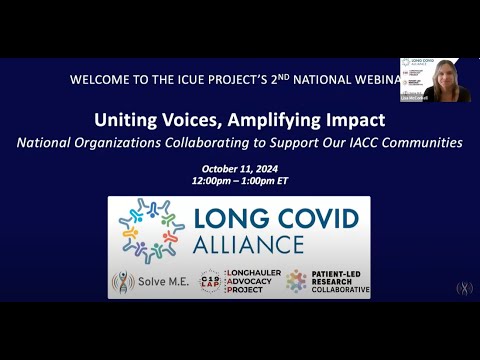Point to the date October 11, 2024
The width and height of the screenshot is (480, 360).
click(x=239, y=168)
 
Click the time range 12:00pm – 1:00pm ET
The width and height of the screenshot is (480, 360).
click(x=239, y=182)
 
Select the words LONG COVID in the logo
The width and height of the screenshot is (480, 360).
click(x=278, y=217)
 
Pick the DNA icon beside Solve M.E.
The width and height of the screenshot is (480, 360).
click(x=123, y=283)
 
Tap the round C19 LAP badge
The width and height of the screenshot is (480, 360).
click(x=209, y=283)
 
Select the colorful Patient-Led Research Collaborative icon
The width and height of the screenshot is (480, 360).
click(x=296, y=283)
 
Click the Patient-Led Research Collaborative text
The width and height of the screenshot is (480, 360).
click(x=338, y=283)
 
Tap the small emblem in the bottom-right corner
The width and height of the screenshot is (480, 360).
click(x=464, y=288)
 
